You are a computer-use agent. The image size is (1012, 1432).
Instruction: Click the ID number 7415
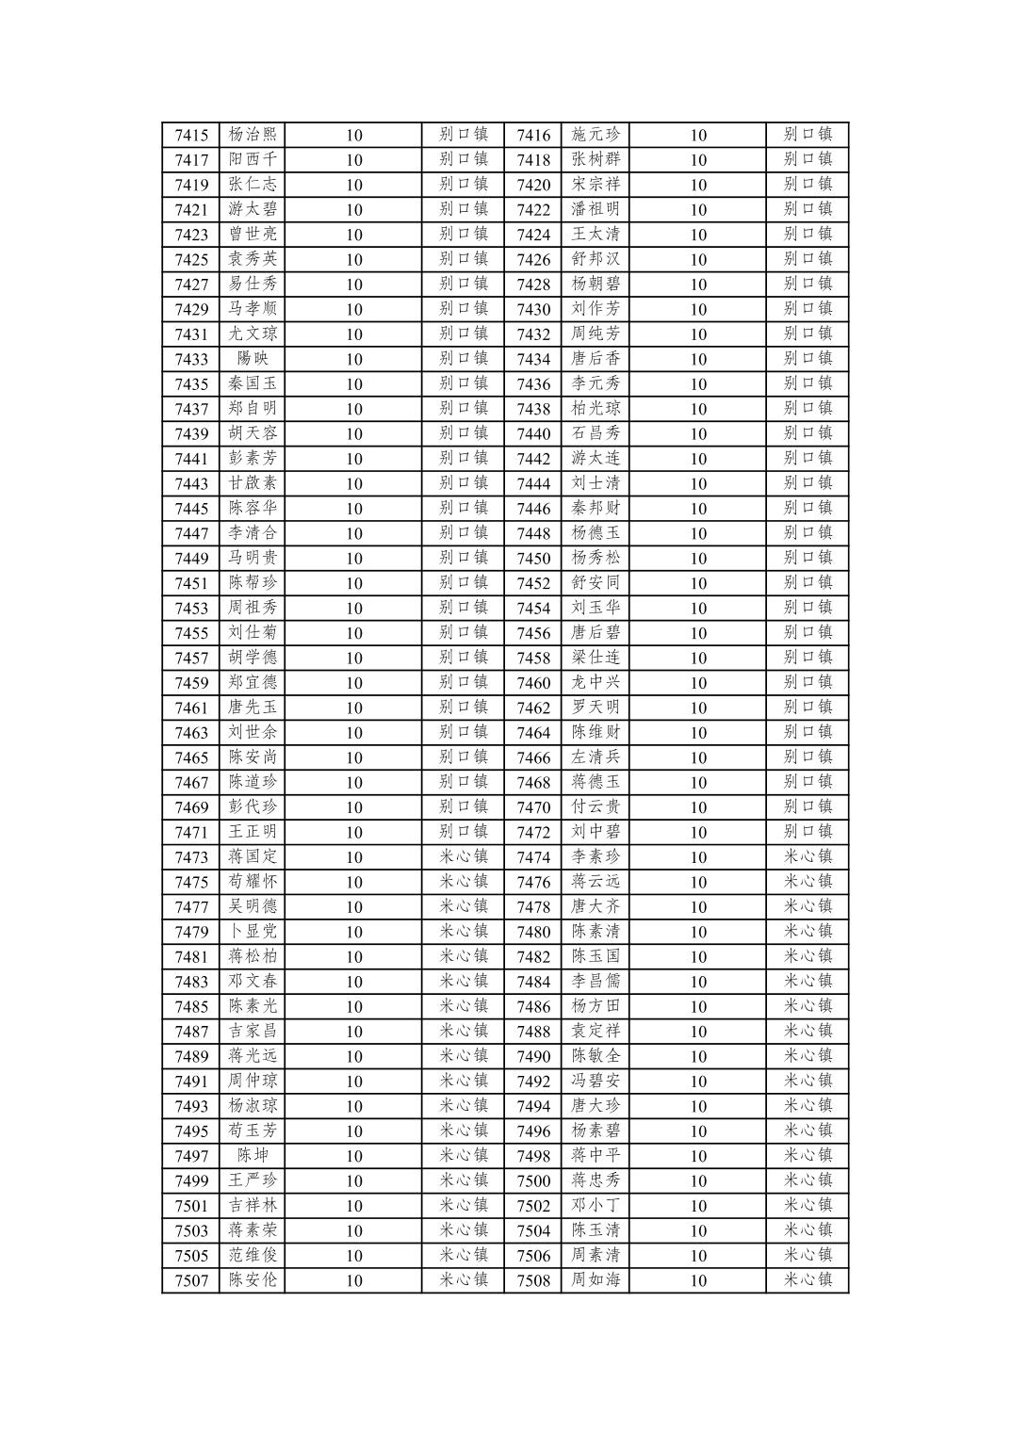pos(191,135)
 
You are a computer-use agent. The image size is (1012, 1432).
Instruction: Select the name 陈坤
pos(253,1156)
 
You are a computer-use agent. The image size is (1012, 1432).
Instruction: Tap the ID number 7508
pos(533,1280)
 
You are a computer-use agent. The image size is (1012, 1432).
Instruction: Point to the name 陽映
pos(253,359)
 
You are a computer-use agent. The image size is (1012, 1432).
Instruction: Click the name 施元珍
pos(596,135)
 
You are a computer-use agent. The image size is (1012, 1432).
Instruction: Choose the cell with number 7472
pos(533,832)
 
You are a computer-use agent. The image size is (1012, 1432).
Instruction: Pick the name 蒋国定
pos(253,857)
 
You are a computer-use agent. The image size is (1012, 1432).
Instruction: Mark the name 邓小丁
pos(596,1206)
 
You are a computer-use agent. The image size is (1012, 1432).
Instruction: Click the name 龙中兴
pos(596,683)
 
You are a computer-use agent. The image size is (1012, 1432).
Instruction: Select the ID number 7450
pos(533,558)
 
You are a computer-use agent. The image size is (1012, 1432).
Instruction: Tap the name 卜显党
pos(253,932)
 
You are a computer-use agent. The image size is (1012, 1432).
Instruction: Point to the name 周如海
pos(596,1280)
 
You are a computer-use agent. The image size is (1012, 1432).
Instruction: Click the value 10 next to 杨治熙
pos(353,135)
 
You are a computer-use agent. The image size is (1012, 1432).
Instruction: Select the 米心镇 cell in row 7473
pos(464,857)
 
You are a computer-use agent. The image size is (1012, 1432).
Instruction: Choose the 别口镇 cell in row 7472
pos(808,832)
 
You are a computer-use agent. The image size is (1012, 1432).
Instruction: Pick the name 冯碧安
pos(596,1082)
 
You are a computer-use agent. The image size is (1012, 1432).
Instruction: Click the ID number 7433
pos(191,359)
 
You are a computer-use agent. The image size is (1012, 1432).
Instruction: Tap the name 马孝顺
pos(253,309)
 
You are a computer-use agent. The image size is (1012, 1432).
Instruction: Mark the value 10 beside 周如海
pos(697,1280)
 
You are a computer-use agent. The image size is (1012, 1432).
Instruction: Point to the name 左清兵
pos(596,757)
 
